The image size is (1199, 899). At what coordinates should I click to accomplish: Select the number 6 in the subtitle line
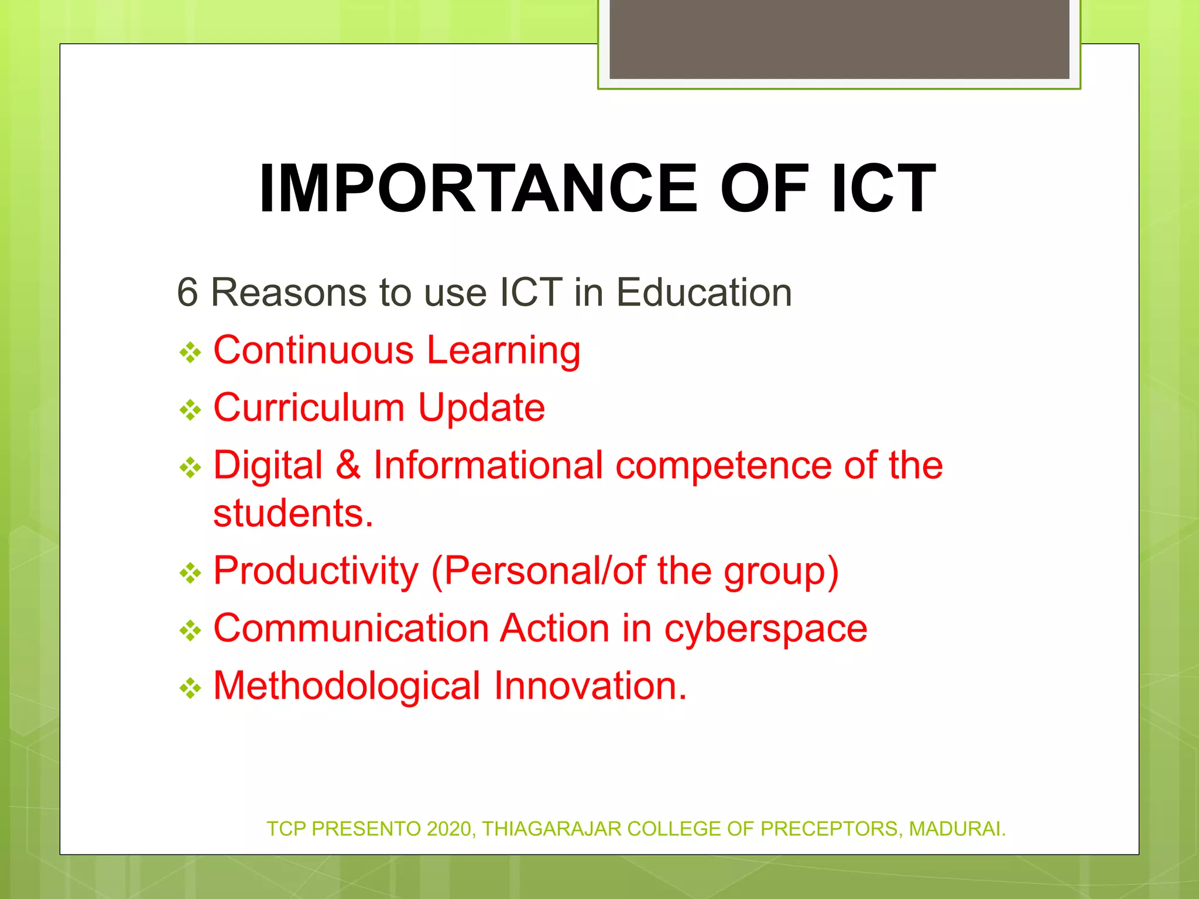click(187, 293)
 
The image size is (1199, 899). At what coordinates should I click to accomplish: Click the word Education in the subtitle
click(704, 293)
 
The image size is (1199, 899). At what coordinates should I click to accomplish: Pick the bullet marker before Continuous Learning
click(190, 353)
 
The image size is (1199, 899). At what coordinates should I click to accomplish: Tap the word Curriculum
click(309, 408)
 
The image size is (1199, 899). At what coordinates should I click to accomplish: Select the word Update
click(481, 408)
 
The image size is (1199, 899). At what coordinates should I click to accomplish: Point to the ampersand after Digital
click(348, 465)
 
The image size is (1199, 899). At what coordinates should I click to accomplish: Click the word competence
click(724, 465)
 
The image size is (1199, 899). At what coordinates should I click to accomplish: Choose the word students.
click(293, 514)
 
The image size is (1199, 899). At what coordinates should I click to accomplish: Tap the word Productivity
click(316, 571)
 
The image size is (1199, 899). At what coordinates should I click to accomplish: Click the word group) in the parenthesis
click(781, 571)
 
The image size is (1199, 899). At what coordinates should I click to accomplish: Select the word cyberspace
click(765, 629)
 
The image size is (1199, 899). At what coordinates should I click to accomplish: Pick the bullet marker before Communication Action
click(190, 631)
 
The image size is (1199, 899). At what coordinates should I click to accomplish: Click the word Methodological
click(347, 686)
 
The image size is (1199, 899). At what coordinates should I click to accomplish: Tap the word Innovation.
click(590, 686)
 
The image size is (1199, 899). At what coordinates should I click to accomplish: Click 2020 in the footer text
click(449, 829)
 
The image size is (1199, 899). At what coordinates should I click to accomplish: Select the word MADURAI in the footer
click(956, 829)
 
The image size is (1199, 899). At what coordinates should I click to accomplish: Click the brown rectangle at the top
click(839, 39)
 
